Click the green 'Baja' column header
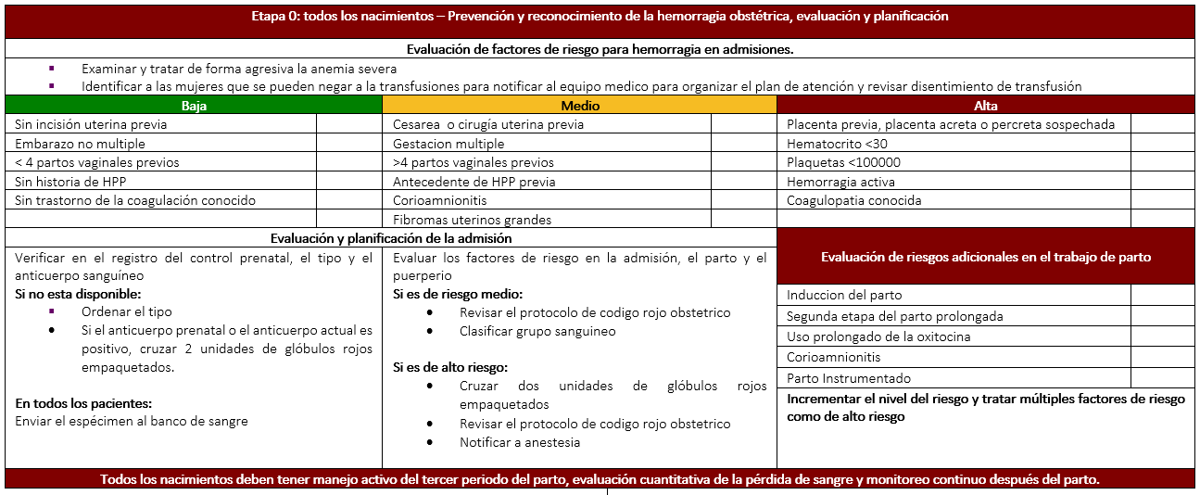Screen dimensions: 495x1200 point(194,105)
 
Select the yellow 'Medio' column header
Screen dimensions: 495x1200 point(580,105)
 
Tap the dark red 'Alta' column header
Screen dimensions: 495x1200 point(986,105)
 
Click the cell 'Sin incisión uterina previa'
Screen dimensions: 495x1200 point(91,124)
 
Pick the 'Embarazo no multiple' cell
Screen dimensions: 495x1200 point(80,144)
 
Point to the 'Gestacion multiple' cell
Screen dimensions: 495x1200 point(448,144)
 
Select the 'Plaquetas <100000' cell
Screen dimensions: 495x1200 point(843,162)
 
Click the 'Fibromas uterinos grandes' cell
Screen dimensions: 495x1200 point(472,220)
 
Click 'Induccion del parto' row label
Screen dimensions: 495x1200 point(844,295)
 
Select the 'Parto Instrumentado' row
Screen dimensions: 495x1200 point(849,378)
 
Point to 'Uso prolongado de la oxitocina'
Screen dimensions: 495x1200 point(878,336)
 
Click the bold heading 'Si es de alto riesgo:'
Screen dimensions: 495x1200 point(450,367)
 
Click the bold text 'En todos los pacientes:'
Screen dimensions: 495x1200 point(84,403)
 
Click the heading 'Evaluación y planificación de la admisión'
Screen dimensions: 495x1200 point(390,238)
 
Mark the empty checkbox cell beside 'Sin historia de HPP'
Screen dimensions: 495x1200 point(349,182)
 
